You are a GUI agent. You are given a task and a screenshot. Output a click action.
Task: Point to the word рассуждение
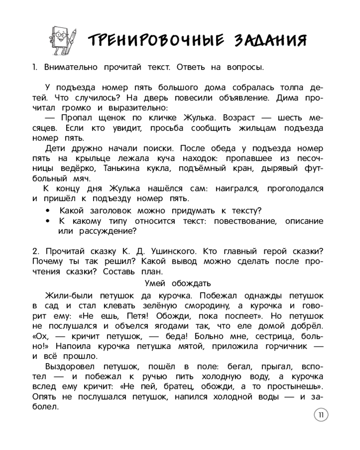click(108, 232)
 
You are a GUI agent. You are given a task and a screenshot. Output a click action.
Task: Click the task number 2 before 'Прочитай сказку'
click(36, 251)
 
